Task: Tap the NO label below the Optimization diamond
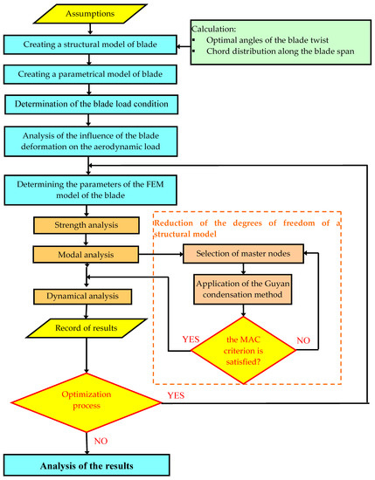click(101, 440)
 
